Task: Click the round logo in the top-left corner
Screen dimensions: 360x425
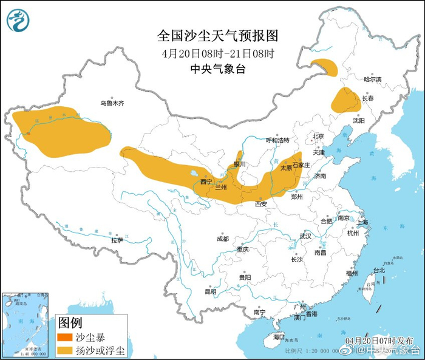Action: (19, 21)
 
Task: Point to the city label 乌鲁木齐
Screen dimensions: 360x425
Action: (112, 104)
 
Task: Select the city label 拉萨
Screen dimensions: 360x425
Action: (117, 240)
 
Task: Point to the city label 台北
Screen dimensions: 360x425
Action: (378, 270)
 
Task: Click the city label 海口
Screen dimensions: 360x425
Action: (279, 337)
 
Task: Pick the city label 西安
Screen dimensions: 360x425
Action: (261, 204)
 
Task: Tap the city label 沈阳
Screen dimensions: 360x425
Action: (359, 121)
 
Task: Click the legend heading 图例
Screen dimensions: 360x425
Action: (69, 323)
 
